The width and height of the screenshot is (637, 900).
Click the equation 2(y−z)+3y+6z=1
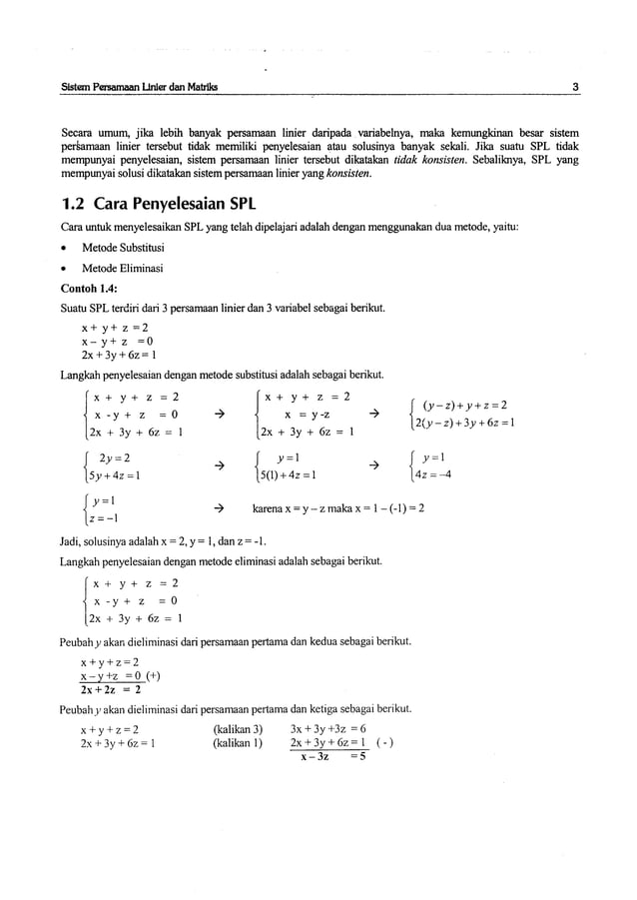pyautogui.click(x=468, y=424)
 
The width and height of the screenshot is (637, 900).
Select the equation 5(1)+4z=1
pyautogui.click(x=290, y=473)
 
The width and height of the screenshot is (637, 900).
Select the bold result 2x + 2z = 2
pyautogui.click(x=110, y=689)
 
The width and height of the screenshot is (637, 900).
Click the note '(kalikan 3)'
pyautogui.click(x=238, y=728)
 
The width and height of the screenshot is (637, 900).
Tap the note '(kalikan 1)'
pyautogui.click(x=238, y=743)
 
